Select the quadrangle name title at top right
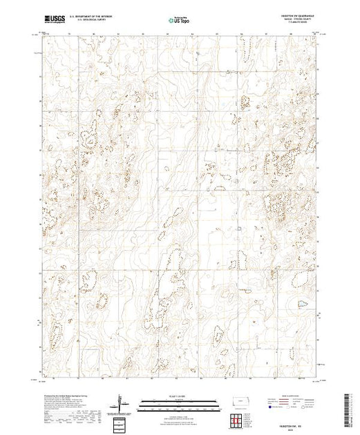point(294,17)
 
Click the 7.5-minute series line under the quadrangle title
point(294,25)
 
